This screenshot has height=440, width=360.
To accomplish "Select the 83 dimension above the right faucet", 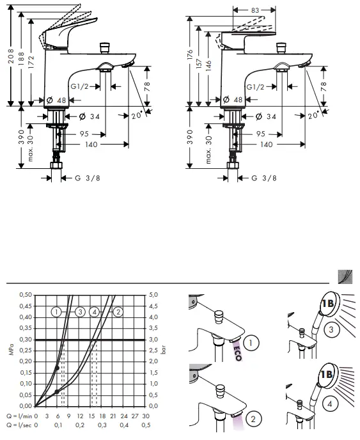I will [255, 10].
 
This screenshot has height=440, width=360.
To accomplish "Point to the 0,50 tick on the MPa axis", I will [25, 295].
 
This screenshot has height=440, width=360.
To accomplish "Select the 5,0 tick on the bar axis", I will [154, 295].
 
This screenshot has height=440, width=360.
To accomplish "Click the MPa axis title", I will [10, 350].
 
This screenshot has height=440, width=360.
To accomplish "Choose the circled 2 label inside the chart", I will [118, 312].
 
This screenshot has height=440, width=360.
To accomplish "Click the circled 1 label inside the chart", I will [57, 312].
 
